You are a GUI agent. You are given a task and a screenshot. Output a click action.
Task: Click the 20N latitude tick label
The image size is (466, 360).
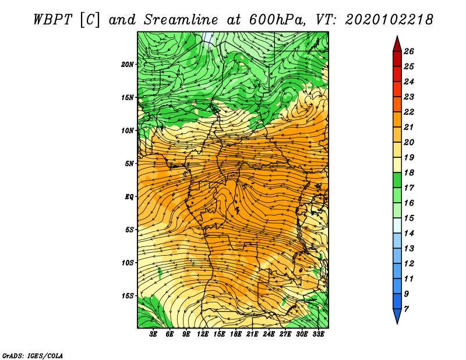127,64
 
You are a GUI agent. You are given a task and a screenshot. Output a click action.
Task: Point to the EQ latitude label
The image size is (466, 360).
129,197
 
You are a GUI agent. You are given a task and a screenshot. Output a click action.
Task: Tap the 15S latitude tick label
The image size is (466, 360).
128,296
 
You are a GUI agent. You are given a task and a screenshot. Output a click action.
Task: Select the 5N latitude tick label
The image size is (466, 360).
129,164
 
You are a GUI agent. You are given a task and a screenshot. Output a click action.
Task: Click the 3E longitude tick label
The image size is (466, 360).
153,334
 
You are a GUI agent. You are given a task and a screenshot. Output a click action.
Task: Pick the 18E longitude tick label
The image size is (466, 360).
236,334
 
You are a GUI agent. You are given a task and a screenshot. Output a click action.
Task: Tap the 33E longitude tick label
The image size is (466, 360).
318,334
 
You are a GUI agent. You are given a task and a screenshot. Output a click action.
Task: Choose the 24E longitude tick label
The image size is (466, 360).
269,334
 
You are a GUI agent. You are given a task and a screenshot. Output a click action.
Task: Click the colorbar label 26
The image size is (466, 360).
409,51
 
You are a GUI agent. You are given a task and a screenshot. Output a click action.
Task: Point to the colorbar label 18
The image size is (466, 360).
409,172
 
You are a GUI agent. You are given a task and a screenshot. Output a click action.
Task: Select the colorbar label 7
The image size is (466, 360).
406,309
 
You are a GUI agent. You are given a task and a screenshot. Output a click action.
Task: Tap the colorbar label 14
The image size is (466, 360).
409,234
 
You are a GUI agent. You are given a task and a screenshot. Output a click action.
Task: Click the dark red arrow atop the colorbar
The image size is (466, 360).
397,44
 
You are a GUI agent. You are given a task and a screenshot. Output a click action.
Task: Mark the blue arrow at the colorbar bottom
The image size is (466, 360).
397,316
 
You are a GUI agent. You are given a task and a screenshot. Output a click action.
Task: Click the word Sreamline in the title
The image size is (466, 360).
181,20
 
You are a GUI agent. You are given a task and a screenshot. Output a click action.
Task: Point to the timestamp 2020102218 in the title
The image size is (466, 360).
389,20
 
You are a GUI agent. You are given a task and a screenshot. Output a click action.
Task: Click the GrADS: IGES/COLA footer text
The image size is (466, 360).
33,356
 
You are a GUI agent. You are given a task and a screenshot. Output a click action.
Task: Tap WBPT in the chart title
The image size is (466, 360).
53,20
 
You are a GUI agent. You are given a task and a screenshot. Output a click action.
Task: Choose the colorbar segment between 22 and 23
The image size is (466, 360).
397,104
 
